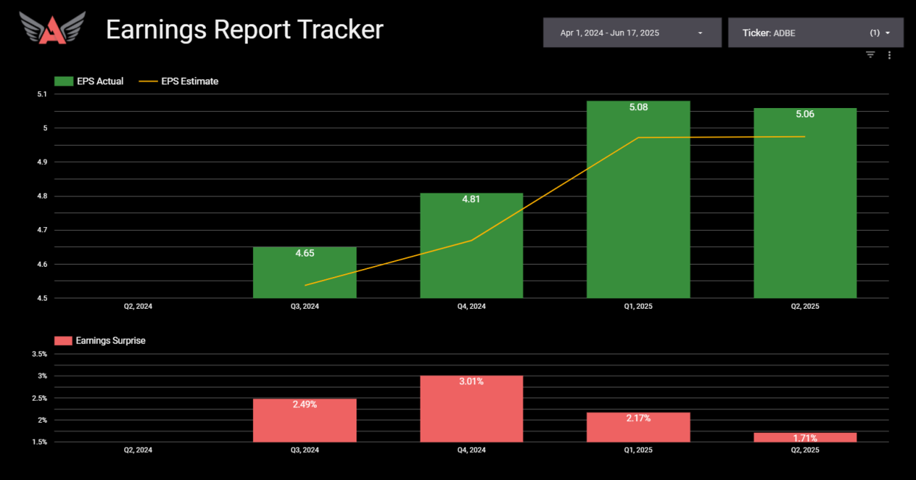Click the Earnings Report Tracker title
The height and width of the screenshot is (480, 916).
(244, 29)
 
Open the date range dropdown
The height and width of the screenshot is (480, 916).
(631, 33)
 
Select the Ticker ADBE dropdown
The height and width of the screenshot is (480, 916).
(815, 33)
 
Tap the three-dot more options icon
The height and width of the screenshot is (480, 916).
(890, 55)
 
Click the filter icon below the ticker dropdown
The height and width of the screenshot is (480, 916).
(870, 55)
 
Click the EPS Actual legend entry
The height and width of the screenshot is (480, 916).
(90, 82)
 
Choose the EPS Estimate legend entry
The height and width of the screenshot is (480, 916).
(179, 82)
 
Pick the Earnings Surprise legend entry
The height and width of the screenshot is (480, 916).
(101, 341)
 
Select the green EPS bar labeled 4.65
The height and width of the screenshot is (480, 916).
(304, 276)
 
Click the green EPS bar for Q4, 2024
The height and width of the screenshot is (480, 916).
(471, 250)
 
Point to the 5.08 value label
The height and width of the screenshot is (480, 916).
(638, 107)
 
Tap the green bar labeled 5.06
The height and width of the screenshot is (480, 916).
(805, 206)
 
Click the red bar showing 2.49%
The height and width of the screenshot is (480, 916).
(304, 423)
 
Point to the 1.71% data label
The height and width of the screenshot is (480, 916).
(805, 439)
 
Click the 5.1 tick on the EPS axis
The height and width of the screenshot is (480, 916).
(41, 94)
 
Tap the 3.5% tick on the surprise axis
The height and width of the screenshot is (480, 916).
(40, 354)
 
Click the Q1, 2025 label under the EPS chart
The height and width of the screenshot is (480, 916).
(638, 307)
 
